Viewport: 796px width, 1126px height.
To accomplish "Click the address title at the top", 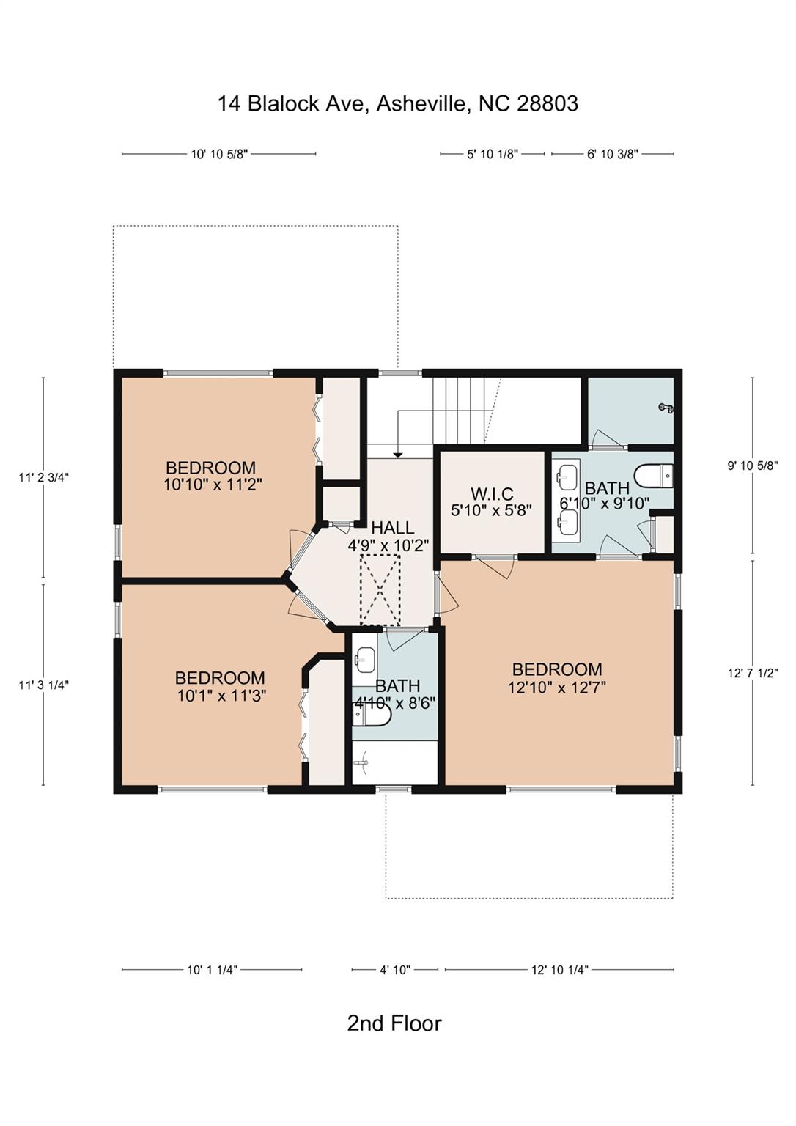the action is [x=397, y=104].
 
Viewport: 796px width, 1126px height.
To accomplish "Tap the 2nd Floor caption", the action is [x=394, y=1023].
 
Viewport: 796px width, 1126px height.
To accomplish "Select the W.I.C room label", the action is [x=491, y=494].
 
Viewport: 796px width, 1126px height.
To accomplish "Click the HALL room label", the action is [x=392, y=528].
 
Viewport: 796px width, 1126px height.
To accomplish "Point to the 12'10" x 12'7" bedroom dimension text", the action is [x=557, y=687].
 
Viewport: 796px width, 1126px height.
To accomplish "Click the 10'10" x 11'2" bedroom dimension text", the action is [x=213, y=485].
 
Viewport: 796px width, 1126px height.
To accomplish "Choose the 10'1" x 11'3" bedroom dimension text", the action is [x=221, y=696].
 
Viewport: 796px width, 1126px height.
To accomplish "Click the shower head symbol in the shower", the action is [x=667, y=407].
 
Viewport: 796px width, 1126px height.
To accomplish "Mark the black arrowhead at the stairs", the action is [x=397, y=455].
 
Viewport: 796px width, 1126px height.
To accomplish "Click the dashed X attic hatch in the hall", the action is [x=380, y=590].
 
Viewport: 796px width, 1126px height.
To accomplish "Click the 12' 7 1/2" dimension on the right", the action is [x=753, y=673].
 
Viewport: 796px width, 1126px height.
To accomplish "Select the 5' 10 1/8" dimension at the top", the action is [x=493, y=155].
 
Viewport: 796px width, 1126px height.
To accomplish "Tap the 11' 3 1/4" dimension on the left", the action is [x=44, y=685].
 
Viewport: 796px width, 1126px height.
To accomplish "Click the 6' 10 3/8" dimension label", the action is [x=613, y=155].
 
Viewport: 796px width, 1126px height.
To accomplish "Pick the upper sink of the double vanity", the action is [x=568, y=474].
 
